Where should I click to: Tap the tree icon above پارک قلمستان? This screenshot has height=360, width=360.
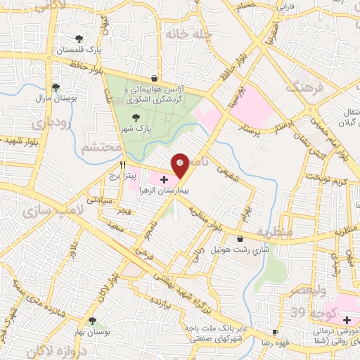[x=78, y=39]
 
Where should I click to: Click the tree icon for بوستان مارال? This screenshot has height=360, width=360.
[x=56, y=87]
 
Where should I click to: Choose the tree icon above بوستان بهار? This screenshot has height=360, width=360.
[x=92, y=321]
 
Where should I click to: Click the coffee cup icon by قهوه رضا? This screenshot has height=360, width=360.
[x=275, y=332]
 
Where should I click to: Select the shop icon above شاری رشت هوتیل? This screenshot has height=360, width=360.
[x=240, y=239]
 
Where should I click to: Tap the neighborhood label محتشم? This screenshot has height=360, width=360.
[x=96, y=148]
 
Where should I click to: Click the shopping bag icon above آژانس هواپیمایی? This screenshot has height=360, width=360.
[x=155, y=79]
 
